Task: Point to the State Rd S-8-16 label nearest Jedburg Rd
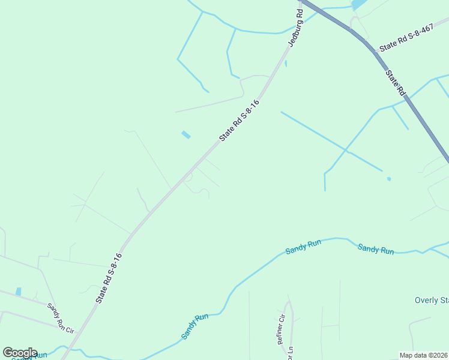[239, 120]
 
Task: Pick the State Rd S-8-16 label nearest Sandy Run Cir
[109, 277]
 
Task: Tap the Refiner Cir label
[280, 329]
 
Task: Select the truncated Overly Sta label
[432, 300]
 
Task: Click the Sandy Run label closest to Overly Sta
[376, 249]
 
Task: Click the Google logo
[20, 353]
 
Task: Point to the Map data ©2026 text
[424, 355]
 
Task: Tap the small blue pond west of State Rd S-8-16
[186, 135]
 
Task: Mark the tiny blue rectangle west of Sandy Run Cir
[19, 292]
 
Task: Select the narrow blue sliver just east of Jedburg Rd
[286, 63]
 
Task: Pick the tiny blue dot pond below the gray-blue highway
[389, 179]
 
